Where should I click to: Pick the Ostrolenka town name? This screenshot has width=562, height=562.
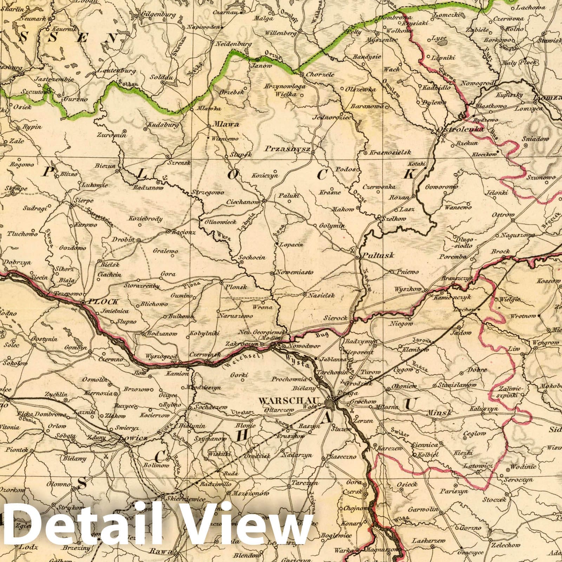(x=460, y=130)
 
